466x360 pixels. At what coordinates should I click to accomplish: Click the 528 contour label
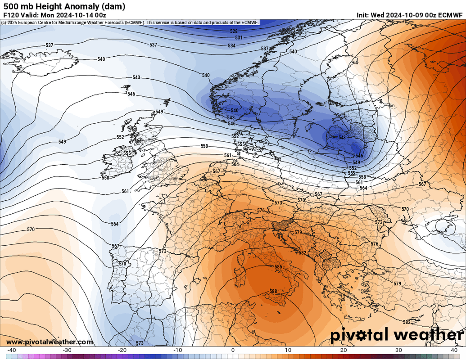(234, 31)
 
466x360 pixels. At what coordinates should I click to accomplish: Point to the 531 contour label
(239, 38)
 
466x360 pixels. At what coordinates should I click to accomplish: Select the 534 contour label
(231, 45)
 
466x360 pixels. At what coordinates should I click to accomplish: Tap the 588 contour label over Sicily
(273, 292)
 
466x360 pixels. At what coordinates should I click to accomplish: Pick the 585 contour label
(278, 267)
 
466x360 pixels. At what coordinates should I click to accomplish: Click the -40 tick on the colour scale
(12, 350)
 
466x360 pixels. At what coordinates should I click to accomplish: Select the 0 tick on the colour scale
(233, 350)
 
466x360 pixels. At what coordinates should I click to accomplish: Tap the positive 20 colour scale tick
(344, 350)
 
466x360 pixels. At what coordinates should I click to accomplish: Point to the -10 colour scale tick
(177, 350)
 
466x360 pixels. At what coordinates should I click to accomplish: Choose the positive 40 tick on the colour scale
(454, 350)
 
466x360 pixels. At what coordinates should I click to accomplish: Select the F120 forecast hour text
(11, 15)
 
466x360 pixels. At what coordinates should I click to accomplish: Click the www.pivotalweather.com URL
(50, 342)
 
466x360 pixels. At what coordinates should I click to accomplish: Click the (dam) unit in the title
(115, 6)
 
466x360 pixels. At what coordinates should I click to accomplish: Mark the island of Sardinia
(240, 274)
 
